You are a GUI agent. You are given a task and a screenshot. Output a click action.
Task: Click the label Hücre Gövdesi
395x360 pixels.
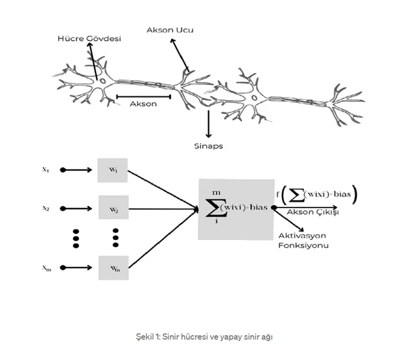(x=89, y=38)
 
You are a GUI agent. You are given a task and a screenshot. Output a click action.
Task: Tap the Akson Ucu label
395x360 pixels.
(x=170, y=30)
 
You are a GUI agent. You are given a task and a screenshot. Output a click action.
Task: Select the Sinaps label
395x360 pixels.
(x=208, y=146)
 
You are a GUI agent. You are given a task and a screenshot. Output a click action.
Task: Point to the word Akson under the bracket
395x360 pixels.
(x=143, y=104)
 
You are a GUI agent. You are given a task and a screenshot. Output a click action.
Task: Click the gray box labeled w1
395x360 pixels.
(x=112, y=170)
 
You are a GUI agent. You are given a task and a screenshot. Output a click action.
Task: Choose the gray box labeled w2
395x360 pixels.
(x=114, y=207)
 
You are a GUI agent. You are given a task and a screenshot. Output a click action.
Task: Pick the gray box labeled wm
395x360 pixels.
(x=114, y=268)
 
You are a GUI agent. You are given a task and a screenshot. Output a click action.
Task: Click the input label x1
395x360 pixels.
(x=46, y=170)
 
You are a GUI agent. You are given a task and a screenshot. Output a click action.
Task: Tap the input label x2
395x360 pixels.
(x=46, y=208)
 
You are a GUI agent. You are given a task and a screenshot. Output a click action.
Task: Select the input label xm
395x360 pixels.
(x=47, y=268)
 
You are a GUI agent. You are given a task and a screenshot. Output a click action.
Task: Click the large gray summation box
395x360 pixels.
(x=236, y=209)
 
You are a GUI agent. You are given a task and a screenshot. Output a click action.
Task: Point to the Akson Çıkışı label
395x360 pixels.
(x=313, y=213)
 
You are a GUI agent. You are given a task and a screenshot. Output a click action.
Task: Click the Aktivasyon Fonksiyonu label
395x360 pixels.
(x=304, y=241)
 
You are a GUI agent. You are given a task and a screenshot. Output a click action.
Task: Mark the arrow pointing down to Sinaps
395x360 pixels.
(x=208, y=124)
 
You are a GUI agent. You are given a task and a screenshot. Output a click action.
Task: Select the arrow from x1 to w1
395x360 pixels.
(x=76, y=170)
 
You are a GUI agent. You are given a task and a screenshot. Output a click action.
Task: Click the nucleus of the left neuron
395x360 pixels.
(x=103, y=81)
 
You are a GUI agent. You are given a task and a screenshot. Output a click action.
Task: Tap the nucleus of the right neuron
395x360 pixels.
(x=255, y=98)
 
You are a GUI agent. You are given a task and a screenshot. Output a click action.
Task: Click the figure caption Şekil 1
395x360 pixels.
(x=204, y=337)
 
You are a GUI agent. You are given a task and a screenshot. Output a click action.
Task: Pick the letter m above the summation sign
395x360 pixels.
(x=216, y=193)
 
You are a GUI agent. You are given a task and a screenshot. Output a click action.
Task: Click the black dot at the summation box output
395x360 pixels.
(x=274, y=207)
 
